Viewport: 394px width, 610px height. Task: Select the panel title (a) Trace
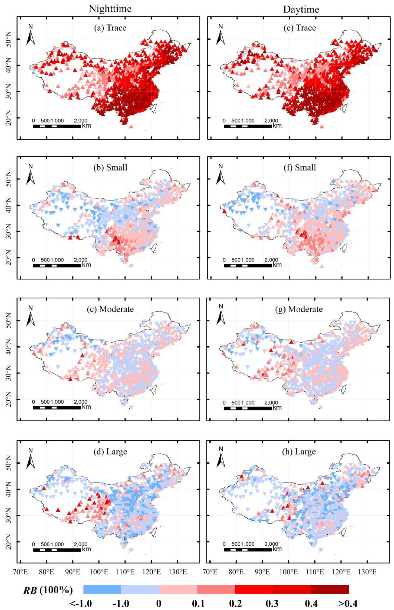[x=110, y=28]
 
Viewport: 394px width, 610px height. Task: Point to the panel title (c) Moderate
[x=110, y=309]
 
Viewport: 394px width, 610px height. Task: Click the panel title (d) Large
[x=110, y=452]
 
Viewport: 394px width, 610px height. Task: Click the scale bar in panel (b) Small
[x=57, y=266]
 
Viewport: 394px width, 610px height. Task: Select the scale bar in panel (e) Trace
[x=247, y=126]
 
